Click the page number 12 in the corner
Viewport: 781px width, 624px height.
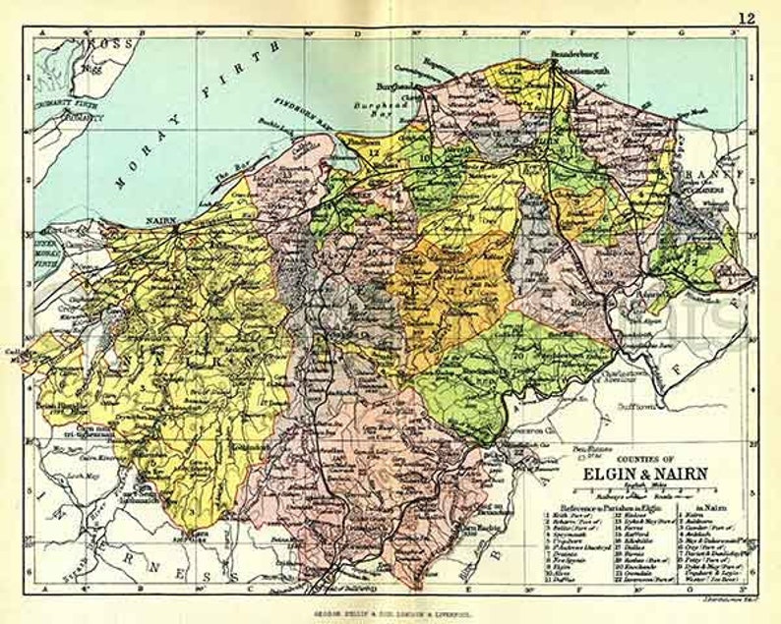tap(748, 17)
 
